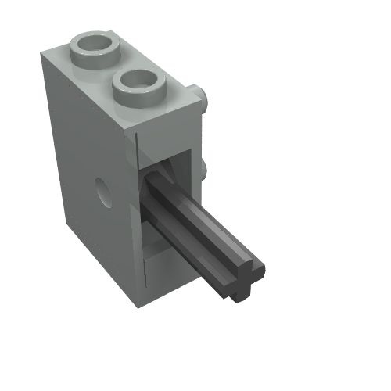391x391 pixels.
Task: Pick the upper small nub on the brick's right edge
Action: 204,101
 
